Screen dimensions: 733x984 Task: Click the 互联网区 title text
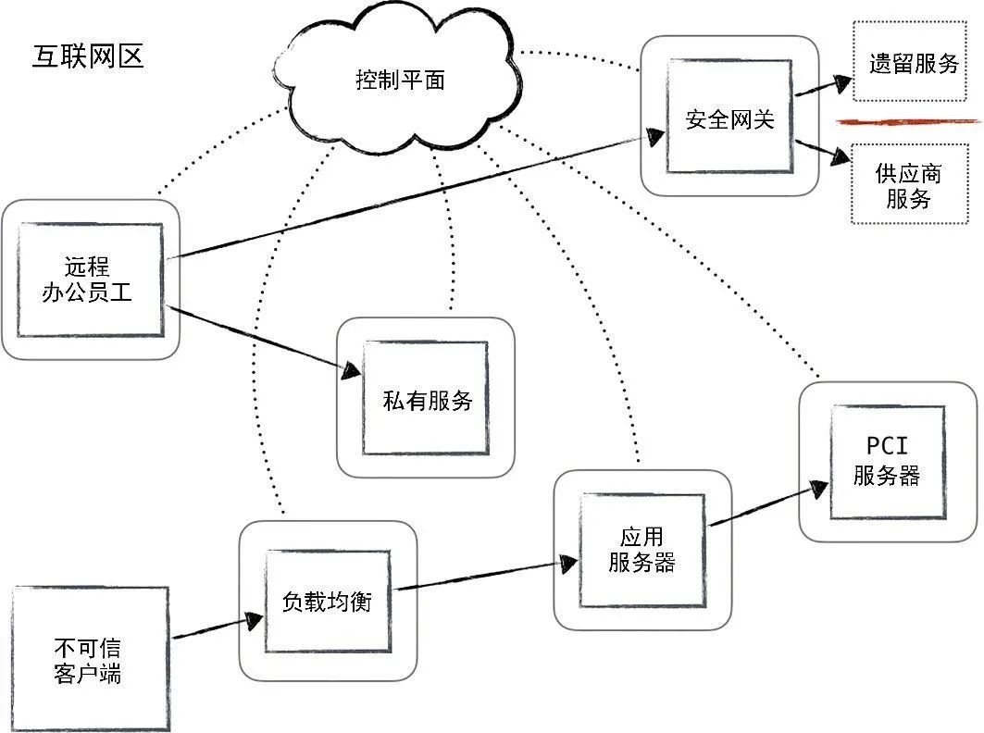(88, 57)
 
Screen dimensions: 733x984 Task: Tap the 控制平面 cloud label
(400, 81)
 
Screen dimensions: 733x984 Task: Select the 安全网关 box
(729, 118)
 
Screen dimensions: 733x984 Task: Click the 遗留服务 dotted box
(913, 64)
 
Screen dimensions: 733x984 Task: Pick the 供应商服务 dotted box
(908, 185)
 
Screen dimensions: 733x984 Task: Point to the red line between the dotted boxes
(907, 121)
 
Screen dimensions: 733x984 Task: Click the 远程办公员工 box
(89, 280)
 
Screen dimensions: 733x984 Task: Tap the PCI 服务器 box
(886, 462)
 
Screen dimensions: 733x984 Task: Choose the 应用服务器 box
(641, 550)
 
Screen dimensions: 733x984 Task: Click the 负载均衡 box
(326, 601)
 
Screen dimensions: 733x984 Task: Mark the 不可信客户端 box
(90, 659)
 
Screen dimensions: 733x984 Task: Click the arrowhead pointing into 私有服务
(350, 371)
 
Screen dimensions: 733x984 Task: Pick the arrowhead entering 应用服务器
(567, 561)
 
